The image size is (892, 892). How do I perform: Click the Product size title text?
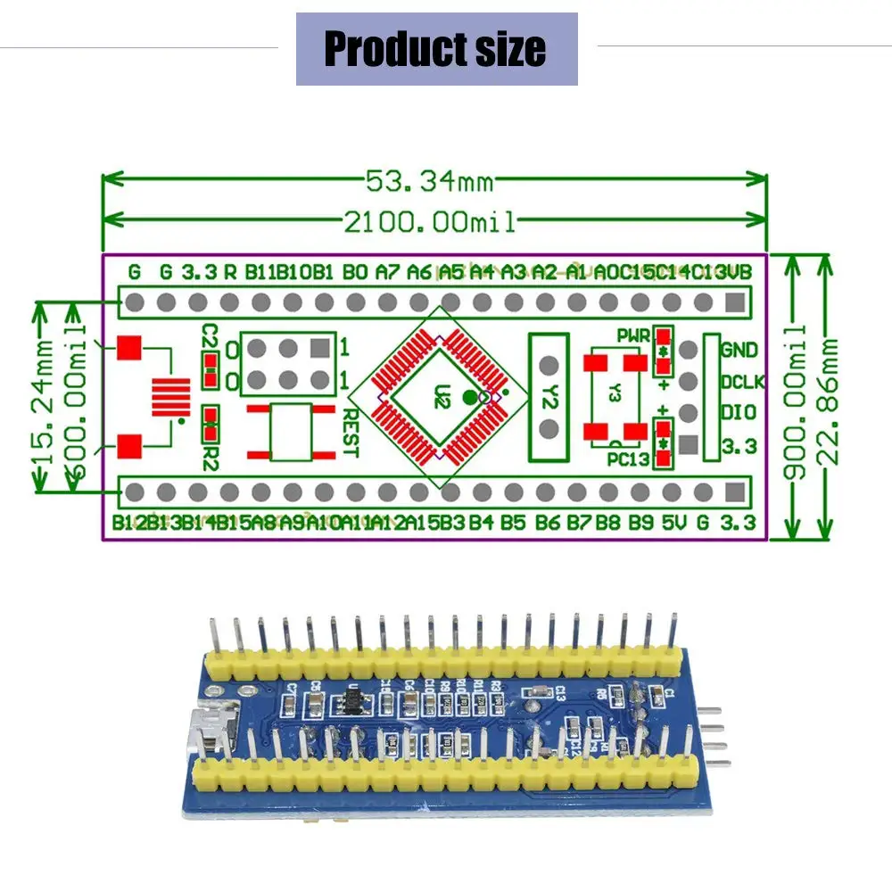[435, 48]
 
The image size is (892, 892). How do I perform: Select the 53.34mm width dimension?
[429, 181]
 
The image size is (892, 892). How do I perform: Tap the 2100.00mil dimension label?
[430, 220]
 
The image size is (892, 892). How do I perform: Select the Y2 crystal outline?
[549, 397]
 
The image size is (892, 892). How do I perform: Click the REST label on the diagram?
[351, 433]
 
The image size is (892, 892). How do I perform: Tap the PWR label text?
[632, 335]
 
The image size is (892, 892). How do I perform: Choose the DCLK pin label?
[742, 382]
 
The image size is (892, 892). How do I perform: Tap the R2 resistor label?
[211, 443]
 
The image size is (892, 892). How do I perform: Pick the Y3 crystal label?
[614, 393]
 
